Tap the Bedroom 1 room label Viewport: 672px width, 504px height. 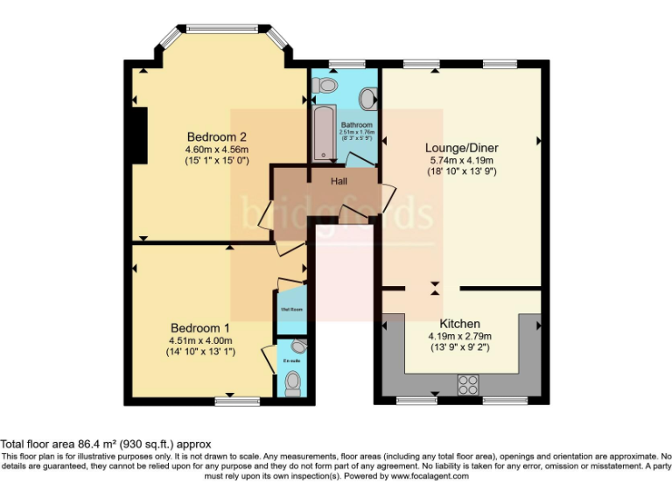pyautogui.click(x=201, y=327)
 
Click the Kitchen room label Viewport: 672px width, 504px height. pyautogui.click(x=459, y=324)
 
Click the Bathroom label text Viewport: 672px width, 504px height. pyautogui.click(x=356, y=125)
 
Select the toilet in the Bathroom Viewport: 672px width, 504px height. pyautogui.click(x=325, y=85)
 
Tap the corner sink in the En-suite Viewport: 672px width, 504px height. pyautogui.click(x=299, y=346)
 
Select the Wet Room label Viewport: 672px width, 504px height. pyautogui.click(x=291, y=309)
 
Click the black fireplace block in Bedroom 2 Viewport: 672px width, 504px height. pyautogui.click(x=138, y=135)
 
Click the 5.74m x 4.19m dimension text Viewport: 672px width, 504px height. pyautogui.click(x=460, y=160)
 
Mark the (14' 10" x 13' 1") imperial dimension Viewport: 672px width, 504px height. pyautogui.click(x=201, y=353)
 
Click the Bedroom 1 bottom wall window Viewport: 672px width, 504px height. pyautogui.click(x=238, y=401)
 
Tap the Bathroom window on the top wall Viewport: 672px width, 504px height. pyautogui.click(x=346, y=64)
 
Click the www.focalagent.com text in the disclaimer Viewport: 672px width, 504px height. pyautogui.click(x=429, y=477)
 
